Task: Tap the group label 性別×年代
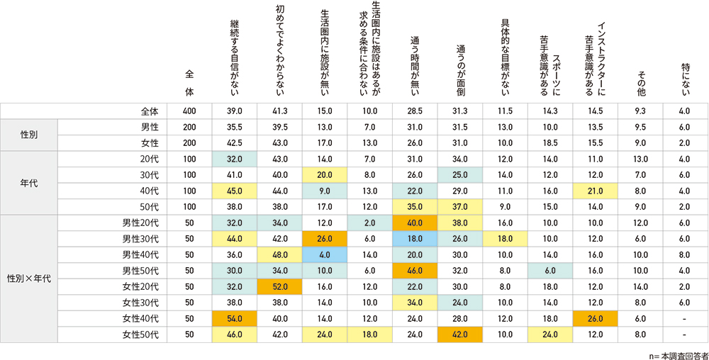point(29,279)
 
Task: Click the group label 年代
point(29,183)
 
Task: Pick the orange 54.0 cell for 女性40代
point(234,318)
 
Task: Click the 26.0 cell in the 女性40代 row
point(596,318)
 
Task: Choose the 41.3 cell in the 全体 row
point(279,111)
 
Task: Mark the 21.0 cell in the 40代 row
point(596,191)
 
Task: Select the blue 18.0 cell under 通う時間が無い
point(415,239)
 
